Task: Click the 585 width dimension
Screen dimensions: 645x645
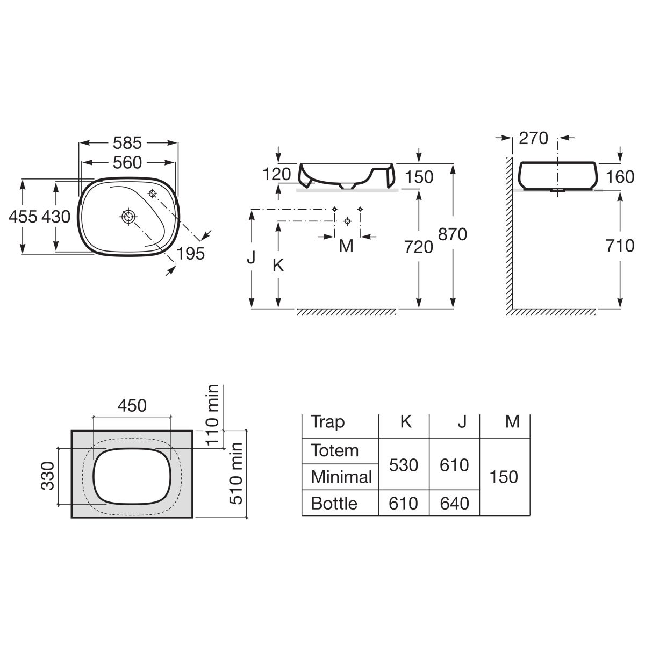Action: (127, 143)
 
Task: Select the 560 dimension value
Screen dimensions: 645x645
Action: (127, 163)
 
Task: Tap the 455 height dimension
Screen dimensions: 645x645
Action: (23, 217)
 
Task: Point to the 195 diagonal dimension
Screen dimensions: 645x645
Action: (190, 253)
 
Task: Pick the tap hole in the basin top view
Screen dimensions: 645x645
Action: (152, 193)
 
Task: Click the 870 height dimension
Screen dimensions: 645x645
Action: (452, 234)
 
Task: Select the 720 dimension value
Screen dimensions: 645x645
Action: (418, 247)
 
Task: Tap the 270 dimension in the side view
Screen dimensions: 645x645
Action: (533, 138)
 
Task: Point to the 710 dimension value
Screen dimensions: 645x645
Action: (620, 246)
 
